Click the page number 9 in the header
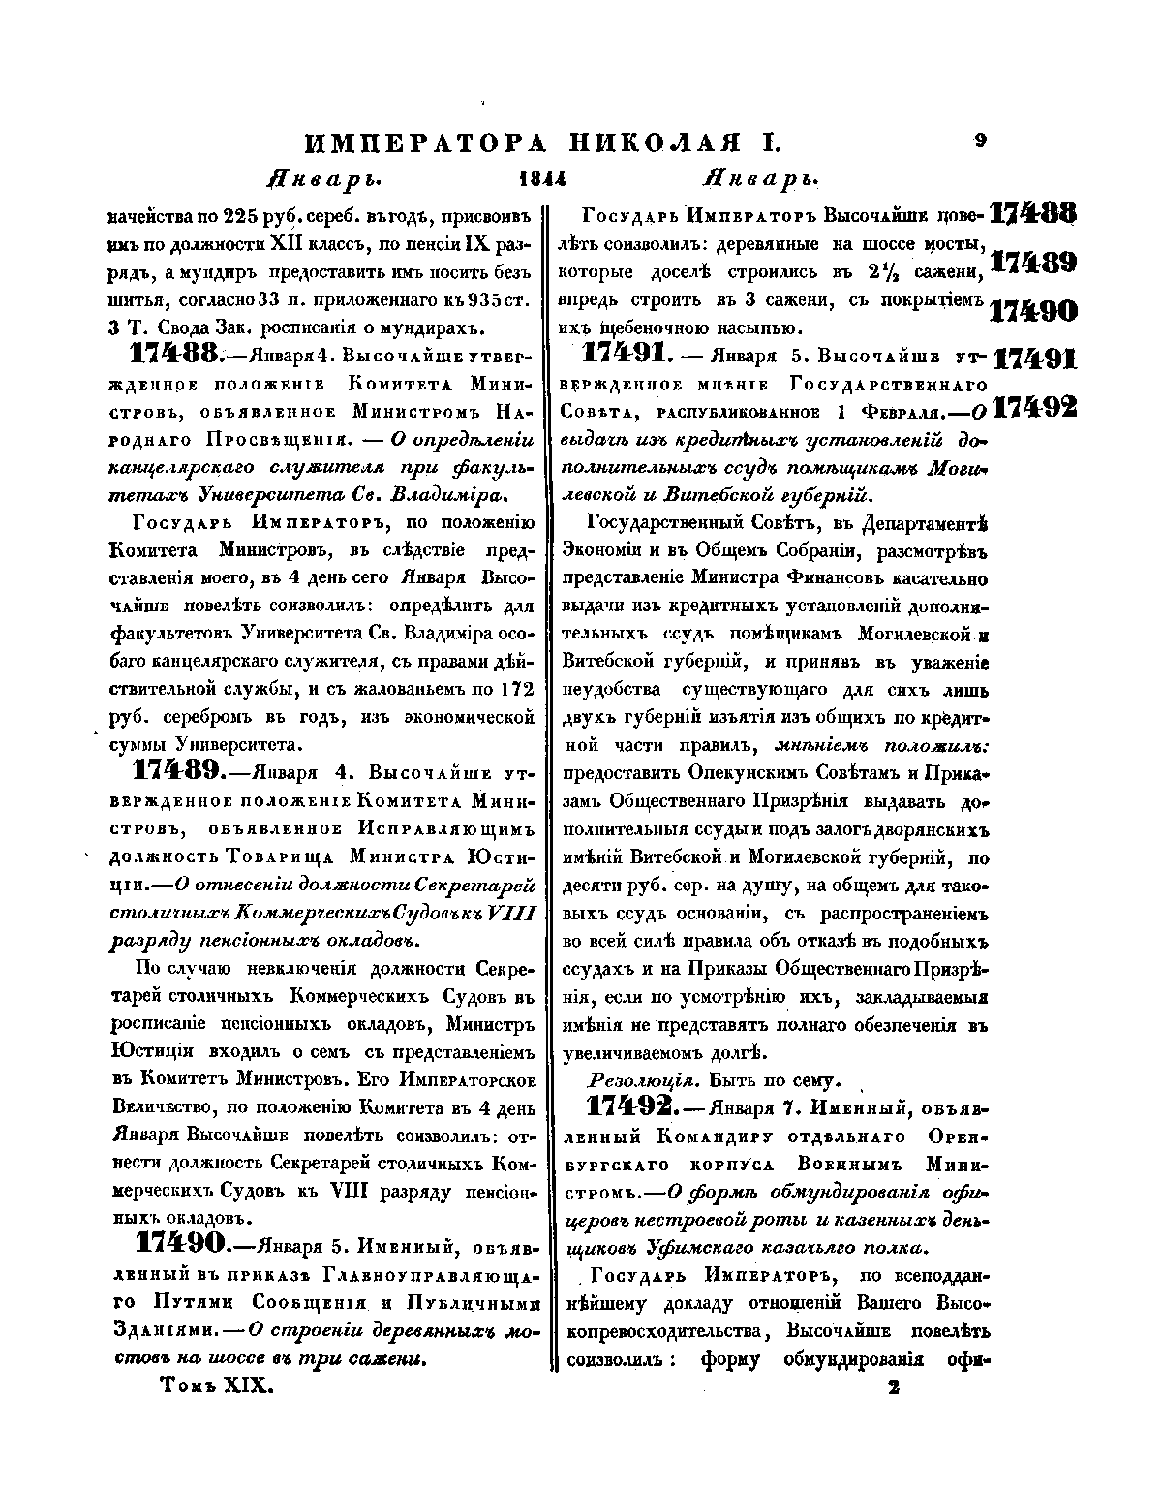(x=980, y=140)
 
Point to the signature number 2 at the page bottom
(x=893, y=1387)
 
